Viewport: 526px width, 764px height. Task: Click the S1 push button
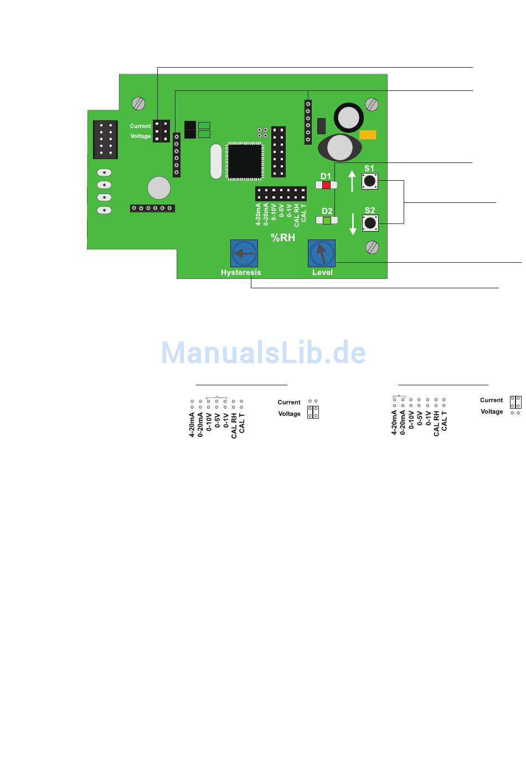pyautogui.click(x=370, y=181)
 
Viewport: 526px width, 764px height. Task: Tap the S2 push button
pyautogui.click(x=370, y=223)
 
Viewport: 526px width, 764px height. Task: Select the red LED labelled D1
pyautogui.click(x=326, y=185)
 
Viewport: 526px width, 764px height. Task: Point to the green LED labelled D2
pyautogui.click(x=327, y=220)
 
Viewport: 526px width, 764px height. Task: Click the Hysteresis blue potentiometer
pyautogui.click(x=244, y=253)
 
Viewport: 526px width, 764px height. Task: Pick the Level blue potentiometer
pyautogui.click(x=322, y=253)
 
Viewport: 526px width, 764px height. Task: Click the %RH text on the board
pyautogui.click(x=283, y=238)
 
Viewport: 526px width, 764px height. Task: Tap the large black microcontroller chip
pyautogui.click(x=244, y=161)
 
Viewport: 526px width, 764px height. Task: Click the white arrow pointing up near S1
pyautogui.click(x=352, y=181)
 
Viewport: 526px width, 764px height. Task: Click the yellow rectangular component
pyautogui.click(x=368, y=135)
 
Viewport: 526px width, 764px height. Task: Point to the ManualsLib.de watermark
pyautogui.click(x=264, y=353)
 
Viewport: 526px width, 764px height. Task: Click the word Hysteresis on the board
pyautogui.click(x=241, y=272)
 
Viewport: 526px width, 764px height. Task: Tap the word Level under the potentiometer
pyautogui.click(x=322, y=272)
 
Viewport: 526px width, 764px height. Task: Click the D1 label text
pyautogui.click(x=326, y=176)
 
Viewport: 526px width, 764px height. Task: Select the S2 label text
pyautogui.click(x=370, y=210)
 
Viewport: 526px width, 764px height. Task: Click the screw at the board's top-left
pyautogui.click(x=138, y=103)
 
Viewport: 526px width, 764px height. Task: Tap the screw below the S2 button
pyautogui.click(x=373, y=247)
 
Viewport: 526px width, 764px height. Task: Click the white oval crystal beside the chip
pyautogui.click(x=216, y=161)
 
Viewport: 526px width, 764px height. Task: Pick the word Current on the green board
pyautogui.click(x=140, y=126)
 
